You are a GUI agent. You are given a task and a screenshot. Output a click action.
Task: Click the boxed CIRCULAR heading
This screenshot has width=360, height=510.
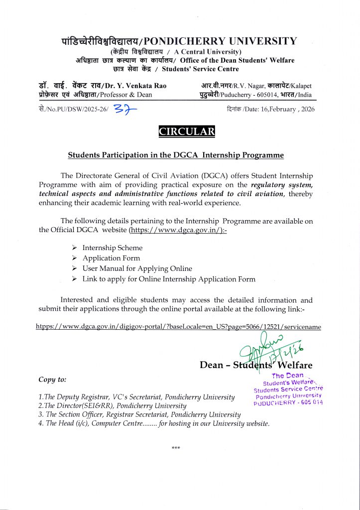pyautogui.click(x=187, y=132)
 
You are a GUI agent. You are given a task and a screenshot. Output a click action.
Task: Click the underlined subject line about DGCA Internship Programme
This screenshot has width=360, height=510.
pyautogui.click(x=176, y=155)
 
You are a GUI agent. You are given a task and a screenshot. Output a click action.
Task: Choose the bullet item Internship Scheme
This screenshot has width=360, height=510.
pyautogui.click(x=113, y=248)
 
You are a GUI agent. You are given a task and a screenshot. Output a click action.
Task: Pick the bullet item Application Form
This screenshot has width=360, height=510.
pyautogui.click(x=112, y=258)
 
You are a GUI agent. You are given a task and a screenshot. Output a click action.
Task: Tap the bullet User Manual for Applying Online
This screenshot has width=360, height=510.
pyautogui.click(x=137, y=268)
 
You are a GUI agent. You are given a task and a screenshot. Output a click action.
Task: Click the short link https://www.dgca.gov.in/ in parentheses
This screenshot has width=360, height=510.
pyautogui.click(x=177, y=230)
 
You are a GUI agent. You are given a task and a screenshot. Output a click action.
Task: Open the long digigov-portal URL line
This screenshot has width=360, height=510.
pyautogui.click(x=178, y=327)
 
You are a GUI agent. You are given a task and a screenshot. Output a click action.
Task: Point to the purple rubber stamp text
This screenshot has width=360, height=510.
pyautogui.click(x=288, y=390)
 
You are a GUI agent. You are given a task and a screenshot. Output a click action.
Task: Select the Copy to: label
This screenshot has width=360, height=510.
pyautogui.click(x=52, y=380)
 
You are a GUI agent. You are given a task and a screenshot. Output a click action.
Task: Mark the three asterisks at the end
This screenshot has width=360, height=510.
pyautogui.click(x=176, y=448)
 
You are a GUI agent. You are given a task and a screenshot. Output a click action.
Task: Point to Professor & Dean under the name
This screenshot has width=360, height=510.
pyautogui.click(x=126, y=95)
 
